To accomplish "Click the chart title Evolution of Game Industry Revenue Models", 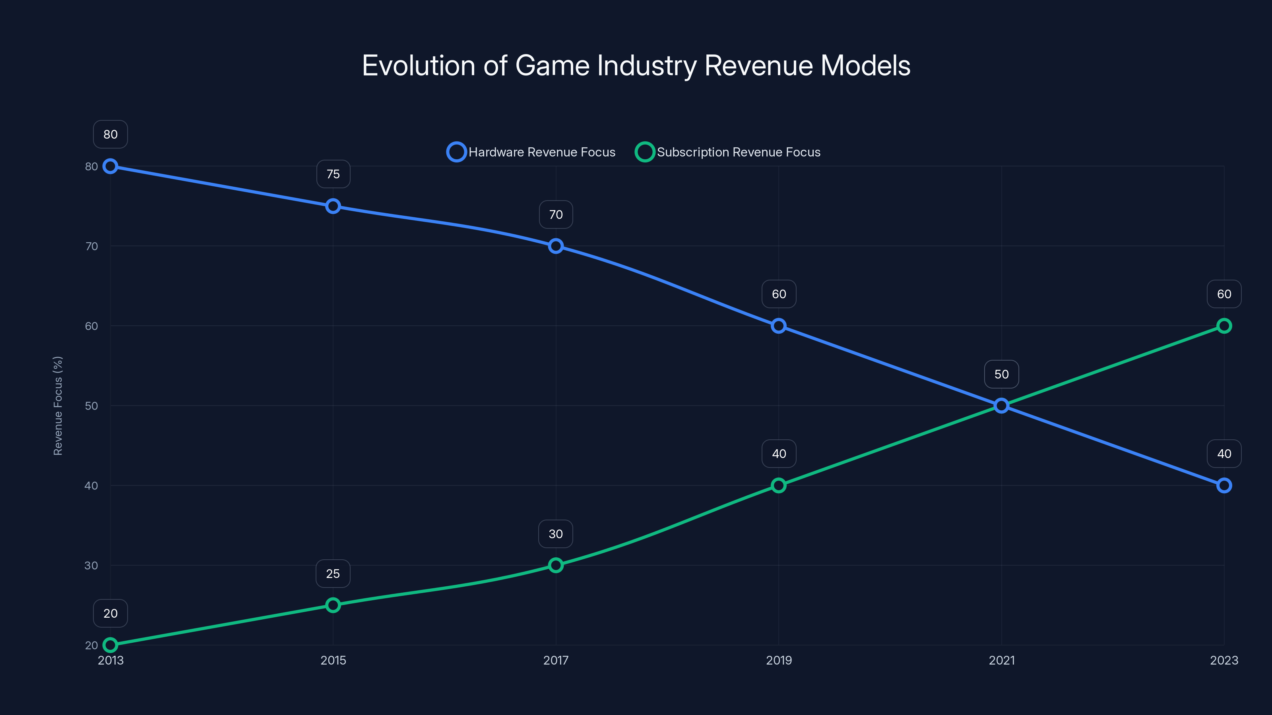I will pos(636,66).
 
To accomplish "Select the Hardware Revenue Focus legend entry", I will pos(531,152).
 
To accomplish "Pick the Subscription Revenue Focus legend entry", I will pos(728,152).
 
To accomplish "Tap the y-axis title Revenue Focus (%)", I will pos(58,406).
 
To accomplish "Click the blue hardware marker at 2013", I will pos(110,166).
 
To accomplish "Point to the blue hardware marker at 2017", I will pos(556,246).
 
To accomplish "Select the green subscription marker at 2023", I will pos(1224,326).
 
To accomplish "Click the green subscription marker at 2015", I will pos(333,605).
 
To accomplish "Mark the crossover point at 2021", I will pos(1001,406).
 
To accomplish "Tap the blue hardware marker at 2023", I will pos(1224,485).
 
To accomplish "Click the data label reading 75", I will pos(333,174).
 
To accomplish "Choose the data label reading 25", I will pos(333,574).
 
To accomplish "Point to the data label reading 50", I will pos(1001,374).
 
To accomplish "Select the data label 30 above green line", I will pos(556,534).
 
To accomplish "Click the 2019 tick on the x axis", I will pos(778,660).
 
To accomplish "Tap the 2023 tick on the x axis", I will pos(1224,660).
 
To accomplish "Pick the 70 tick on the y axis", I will pos(91,246).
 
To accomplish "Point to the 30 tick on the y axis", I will pos(91,566).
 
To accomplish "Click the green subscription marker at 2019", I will pos(778,485).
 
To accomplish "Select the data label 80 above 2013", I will pos(110,134).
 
